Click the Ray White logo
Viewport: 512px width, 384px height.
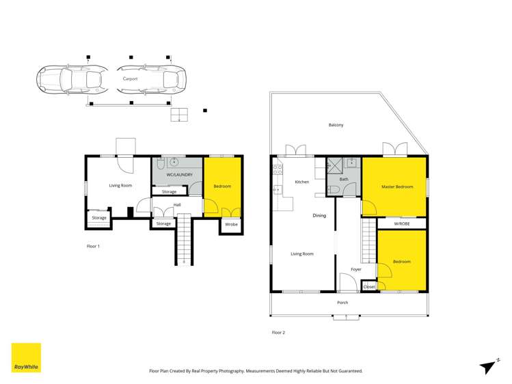point(26,357)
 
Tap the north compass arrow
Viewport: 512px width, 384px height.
point(487,366)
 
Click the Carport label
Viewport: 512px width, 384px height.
point(130,79)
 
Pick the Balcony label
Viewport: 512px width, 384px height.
point(336,125)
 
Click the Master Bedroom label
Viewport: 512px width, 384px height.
point(397,187)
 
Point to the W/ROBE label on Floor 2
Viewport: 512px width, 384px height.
point(402,223)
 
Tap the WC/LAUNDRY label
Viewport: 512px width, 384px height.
point(179,175)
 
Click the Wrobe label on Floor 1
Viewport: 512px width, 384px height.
point(231,223)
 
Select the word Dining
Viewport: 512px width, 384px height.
point(319,216)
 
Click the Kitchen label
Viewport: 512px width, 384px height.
point(301,182)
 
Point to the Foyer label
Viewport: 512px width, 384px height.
point(356,269)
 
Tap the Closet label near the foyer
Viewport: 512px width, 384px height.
point(369,287)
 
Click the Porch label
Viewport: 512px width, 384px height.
point(342,303)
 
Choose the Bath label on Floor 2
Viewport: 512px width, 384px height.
point(344,179)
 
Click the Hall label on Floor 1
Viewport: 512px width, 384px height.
point(177,205)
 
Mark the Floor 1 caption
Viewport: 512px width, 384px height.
point(94,245)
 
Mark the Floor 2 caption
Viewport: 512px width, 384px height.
point(278,333)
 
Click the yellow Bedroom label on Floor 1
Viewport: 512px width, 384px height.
point(222,186)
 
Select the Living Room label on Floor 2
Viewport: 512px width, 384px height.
point(302,254)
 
